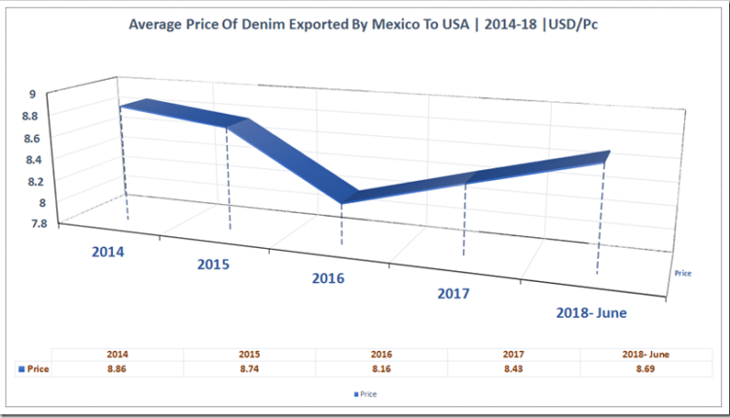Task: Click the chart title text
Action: click(x=363, y=24)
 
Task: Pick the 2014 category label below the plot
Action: click(x=109, y=252)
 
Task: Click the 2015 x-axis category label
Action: click(x=214, y=264)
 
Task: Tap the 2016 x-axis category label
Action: click(x=329, y=279)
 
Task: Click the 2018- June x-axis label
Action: click(x=590, y=313)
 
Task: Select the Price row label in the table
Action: click(x=34, y=369)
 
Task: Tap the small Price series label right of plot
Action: click(x=682, y=274)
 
